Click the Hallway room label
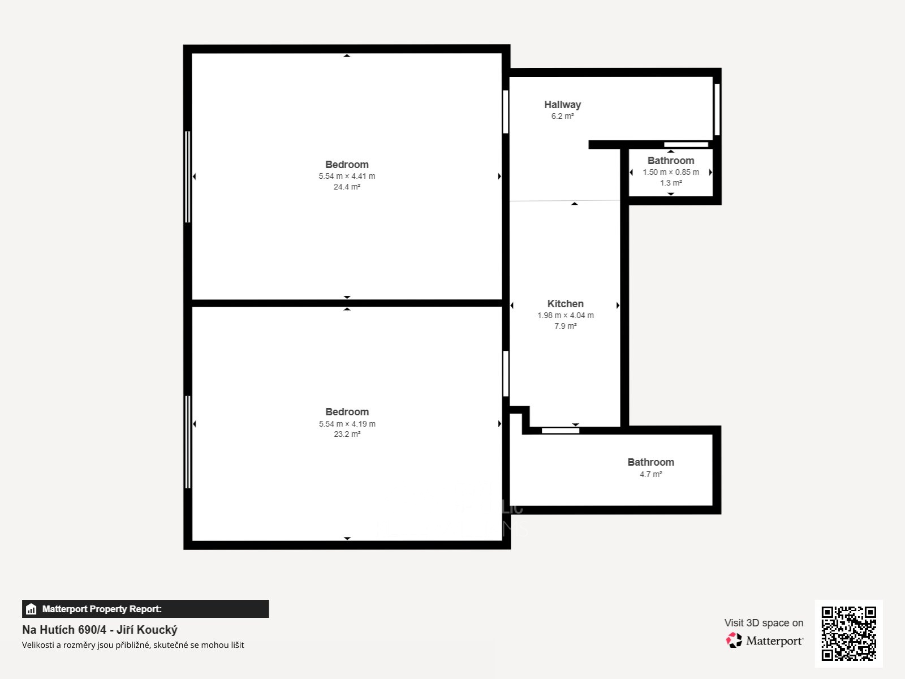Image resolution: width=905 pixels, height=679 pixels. pyautogui.click(x=562, y=105)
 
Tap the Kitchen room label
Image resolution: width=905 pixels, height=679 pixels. pyautogui.click(x=565, y=304)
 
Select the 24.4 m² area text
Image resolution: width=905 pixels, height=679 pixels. pyautogui.click(x=347, y=187)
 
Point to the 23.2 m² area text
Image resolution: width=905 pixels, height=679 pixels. pyautogui.click(x=347, y=434)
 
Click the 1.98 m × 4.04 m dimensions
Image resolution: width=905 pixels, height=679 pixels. pyautogui.click(x=565, y=315)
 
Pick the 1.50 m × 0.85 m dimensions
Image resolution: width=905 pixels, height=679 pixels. pyautogui.click(x=671, y=173)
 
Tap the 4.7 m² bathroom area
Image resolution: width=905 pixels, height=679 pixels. pyautogui.click(x=650, y=474)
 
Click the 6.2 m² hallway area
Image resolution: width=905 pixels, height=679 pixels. pyautogui.click(x=562, y=116)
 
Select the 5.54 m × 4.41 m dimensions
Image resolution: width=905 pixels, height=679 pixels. pyautogui.click(x=347, y=176)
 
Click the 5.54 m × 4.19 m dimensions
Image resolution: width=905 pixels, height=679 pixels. pyautogui.click(x=347, y=424)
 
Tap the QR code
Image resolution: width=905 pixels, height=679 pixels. pyautogui.click(x=848, y=633)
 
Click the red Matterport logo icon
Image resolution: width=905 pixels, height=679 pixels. pyautogui.click(x=734, y=641)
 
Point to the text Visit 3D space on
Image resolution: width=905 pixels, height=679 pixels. pyautogui.click(x=764, y=623)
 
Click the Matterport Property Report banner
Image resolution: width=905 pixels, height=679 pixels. pyautogui.click(x=145, y=609)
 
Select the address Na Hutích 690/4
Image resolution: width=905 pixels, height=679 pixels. pyautogui.click(x=64, y=630)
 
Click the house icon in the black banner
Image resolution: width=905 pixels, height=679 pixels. pyautogui.click(x=31, y=609)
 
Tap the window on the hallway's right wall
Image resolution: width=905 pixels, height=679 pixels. pyautogui.click(x=717, y=109)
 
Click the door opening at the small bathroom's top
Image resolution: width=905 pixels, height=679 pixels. pyautogui.click(x=686, y=144)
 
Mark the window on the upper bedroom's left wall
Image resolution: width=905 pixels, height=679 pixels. pyautogui.click(x=188, y=177)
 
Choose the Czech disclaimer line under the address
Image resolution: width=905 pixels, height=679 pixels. pyautogui.click(x=133, y=645)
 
